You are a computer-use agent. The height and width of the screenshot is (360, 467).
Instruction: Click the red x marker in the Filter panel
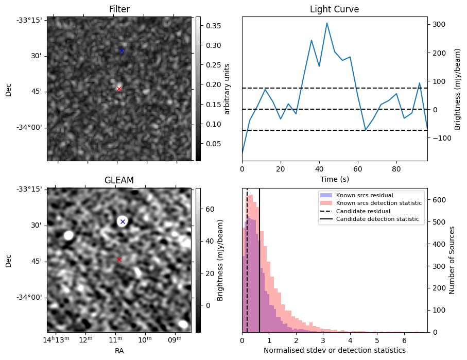click(119, 89)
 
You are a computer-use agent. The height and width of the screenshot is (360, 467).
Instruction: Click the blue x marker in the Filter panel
click(122, 50)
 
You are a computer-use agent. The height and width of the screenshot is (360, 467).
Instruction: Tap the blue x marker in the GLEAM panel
click(123, 221)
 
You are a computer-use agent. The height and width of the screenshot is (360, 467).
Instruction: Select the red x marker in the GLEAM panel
click(119, 260)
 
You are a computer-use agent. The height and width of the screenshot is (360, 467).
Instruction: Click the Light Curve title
click(334, 9)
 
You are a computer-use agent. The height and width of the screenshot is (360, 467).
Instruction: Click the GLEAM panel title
click(119, 180)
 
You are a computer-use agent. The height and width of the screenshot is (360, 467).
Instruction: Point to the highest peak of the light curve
click(326, 23)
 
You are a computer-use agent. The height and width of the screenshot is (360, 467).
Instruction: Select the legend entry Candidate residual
click(361, 211)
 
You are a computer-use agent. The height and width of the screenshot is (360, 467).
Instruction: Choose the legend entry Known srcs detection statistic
click(378, 203)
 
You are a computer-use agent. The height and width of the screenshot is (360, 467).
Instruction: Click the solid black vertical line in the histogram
click(260, 258)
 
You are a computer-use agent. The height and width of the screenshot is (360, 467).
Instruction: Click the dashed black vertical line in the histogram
click(247, 258)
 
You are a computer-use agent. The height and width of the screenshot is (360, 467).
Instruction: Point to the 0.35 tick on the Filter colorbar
click(210, 26)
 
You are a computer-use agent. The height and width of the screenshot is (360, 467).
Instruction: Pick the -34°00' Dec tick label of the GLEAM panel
click(31, 297)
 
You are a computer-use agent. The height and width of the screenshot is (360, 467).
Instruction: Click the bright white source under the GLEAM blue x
click(122, 221)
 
